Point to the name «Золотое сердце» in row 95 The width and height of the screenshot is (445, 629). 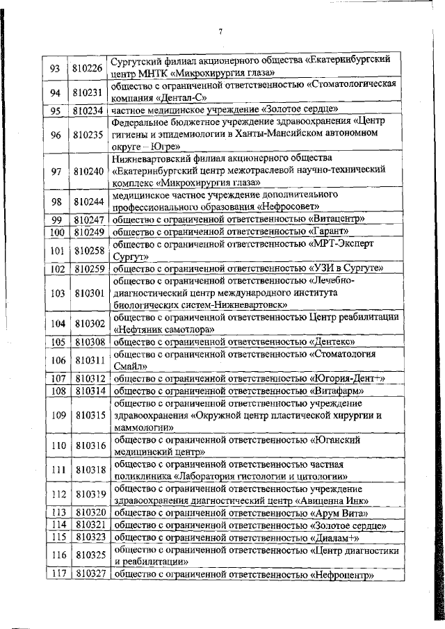pos(300,110)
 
